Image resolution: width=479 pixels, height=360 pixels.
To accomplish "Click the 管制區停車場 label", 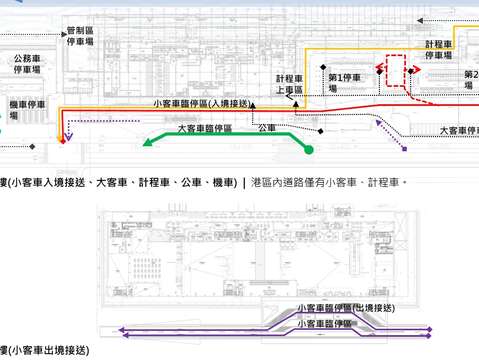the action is pyautogui.click(x=80, y=37).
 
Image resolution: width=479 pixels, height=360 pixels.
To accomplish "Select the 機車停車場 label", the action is pyautogui.click(x=29, y=109).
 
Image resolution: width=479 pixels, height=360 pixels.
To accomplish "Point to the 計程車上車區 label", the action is pyautogui.click(x=288, y=84).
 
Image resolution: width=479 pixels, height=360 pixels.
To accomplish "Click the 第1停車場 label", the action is pyautogui.click(x=343, y=82).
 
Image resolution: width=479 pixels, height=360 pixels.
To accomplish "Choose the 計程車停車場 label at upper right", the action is pyautogui.click(x=439, y=50).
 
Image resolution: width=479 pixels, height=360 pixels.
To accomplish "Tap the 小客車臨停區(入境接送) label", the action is pyautogui.click(x=201, y=103).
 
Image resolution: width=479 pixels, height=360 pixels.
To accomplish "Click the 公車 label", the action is pyautogui.click(x=266, y=128).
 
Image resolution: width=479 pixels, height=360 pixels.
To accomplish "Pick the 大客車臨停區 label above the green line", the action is pyautogui.click(x=204, y=129).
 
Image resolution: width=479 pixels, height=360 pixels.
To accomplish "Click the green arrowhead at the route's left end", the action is pyautogui.click(x=148, y=143).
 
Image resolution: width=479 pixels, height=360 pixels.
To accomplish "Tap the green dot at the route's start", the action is pyautogui.click(x=309, y=150).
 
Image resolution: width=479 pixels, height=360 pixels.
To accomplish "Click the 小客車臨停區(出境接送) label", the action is pyautogui.click(x=346, y=308).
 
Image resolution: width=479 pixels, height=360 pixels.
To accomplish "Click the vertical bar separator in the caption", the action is pyautogui.click(x=244, y=182).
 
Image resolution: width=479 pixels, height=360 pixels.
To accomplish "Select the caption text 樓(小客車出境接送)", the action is pyautogui.click(x=44, y=351).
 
